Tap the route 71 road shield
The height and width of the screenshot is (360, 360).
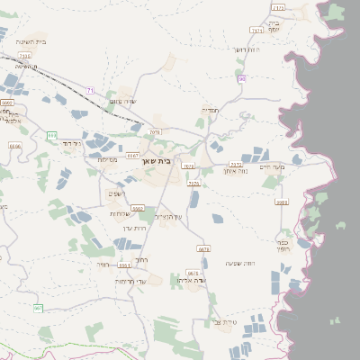[x=90, y=90]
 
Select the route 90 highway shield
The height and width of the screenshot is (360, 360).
[x=242, y=79]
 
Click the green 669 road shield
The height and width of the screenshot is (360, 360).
[x=52, y=135]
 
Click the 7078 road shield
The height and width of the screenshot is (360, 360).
[x=156, y=132]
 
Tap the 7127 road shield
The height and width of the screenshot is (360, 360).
[x=236, y=165]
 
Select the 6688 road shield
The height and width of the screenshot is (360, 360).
[x=282, y=202]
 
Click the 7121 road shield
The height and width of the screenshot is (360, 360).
[x=257, y=30]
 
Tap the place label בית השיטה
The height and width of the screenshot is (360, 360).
[x=31, y=41]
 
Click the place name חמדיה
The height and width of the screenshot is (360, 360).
[x=210, y=110]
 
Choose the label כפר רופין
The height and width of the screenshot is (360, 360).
[x=283, y=245]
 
